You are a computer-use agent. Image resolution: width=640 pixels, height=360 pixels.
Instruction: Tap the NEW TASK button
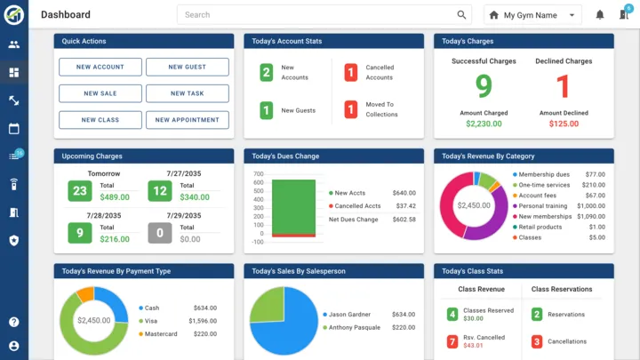coord(187,93)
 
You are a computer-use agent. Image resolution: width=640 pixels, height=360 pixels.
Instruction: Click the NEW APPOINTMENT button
coord(187,120)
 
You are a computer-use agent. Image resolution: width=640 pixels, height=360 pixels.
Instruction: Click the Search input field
coord(320,15)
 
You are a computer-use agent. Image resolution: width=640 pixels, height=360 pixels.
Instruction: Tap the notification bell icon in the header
coord(600,15)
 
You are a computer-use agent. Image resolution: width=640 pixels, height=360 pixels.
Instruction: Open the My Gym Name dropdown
coord(532,15)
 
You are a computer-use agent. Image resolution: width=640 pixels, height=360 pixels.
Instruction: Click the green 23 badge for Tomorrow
coord(80,190)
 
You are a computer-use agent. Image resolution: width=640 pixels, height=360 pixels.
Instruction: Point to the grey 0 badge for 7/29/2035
coord(160,233)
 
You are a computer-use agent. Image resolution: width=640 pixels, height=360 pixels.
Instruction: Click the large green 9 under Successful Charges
coord(484,86)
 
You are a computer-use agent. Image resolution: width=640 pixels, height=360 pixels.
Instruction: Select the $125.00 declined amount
coord(564,124)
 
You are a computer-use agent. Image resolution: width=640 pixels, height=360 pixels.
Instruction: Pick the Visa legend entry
coord(151,321)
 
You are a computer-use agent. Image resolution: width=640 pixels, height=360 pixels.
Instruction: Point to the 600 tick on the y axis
coord(259,183)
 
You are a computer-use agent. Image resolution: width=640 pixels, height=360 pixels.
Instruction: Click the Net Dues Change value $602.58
coord(404,219)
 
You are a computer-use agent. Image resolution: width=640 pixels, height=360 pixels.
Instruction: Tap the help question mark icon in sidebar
coord(13,322)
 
